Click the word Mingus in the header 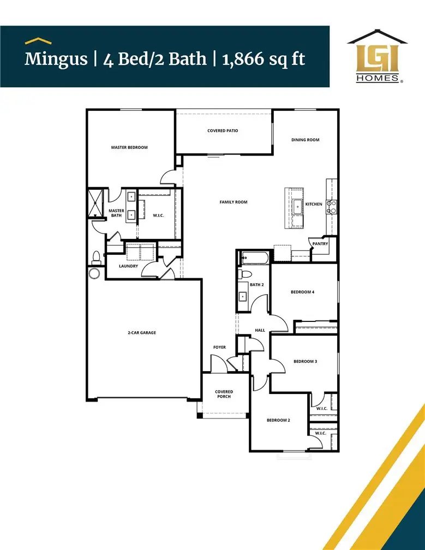[56, 58]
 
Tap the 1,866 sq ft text [264, 58]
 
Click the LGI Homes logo [377, 57]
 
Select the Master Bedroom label [129, 147]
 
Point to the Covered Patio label [223, 131]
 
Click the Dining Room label [305, 140]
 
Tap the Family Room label [234, 202]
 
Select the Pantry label [320, 244]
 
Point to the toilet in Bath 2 [246, 274]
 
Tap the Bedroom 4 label [302, 292]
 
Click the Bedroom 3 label [305, 361]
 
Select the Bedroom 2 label [278, 420]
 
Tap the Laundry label [129, 266]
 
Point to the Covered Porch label [224, 394]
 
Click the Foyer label [219, 347]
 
